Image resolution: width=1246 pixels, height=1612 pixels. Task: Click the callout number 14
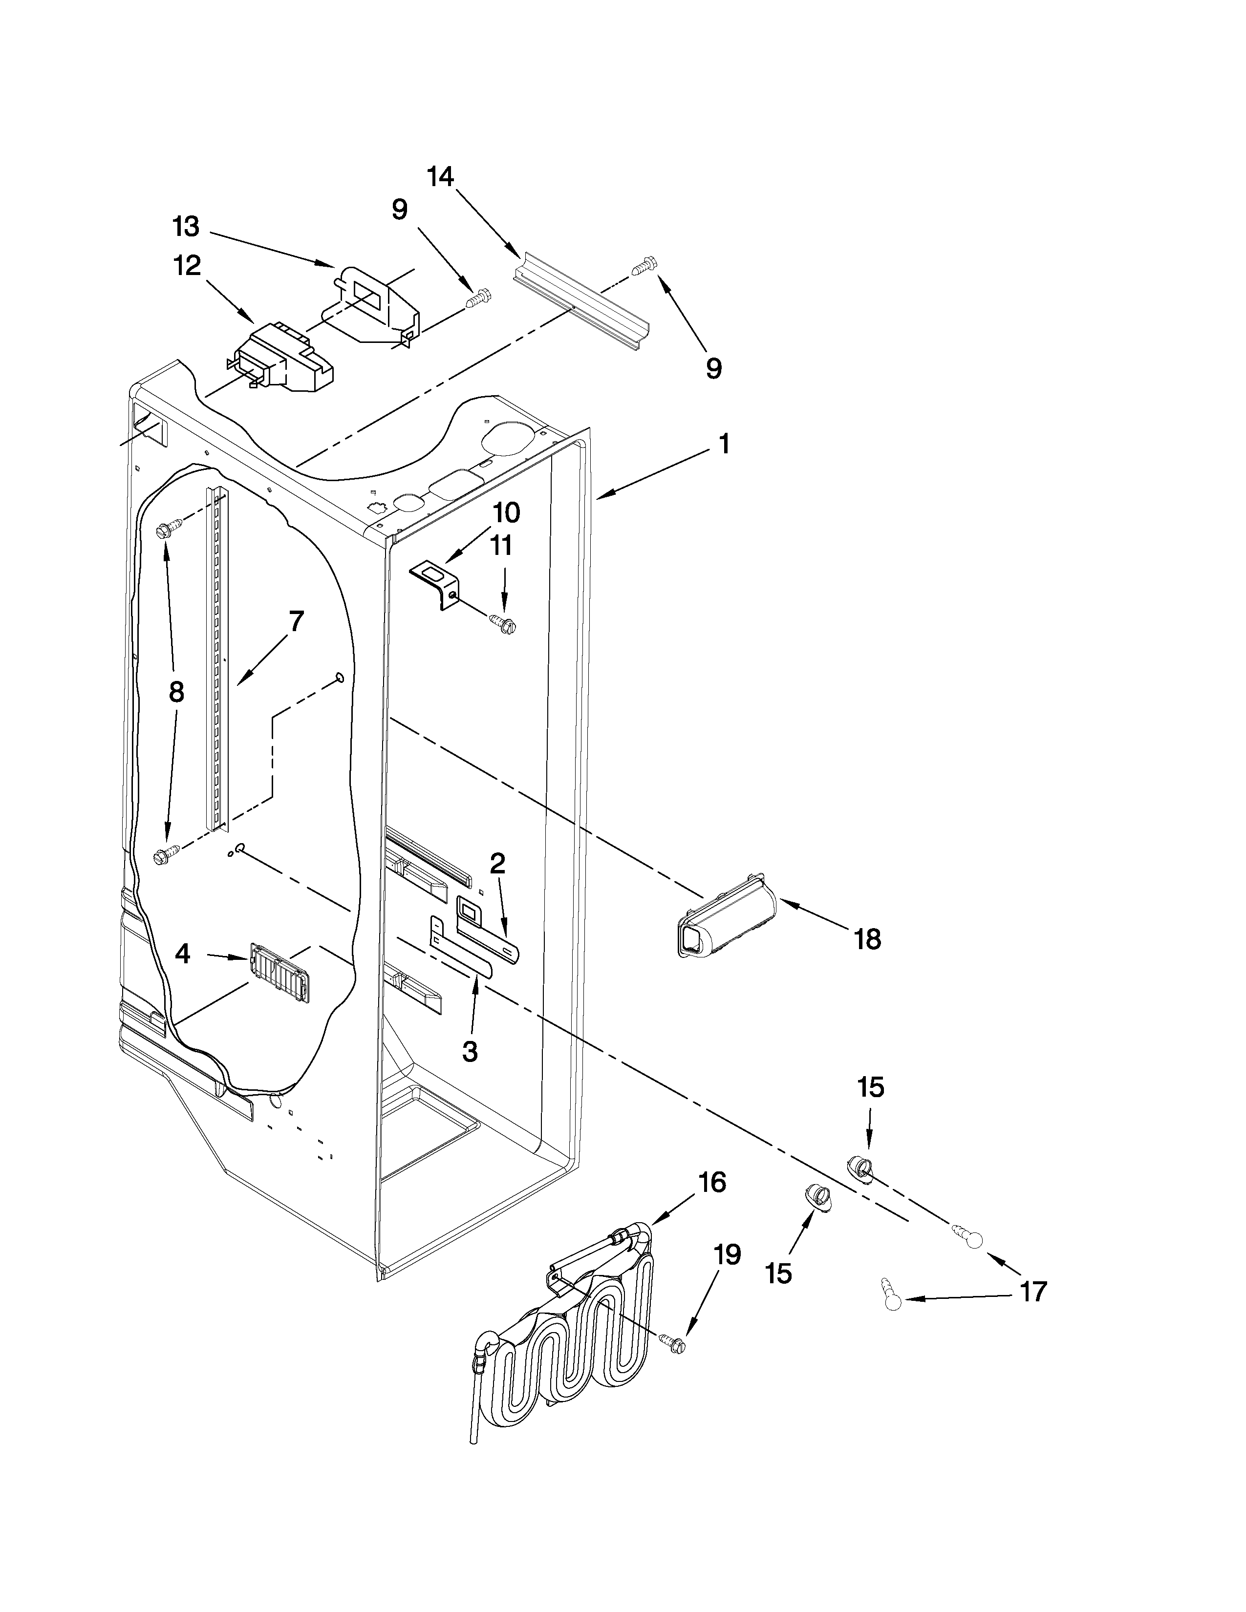click(x=441, y=177)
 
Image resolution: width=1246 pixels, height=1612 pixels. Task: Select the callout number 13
click(x=186, y=227)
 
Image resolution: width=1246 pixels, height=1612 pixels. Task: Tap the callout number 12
click(x=188, y=266)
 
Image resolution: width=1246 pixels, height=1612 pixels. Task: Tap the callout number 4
click(x=182, y=954)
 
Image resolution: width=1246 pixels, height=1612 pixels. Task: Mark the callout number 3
click(x=470, y=1052)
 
